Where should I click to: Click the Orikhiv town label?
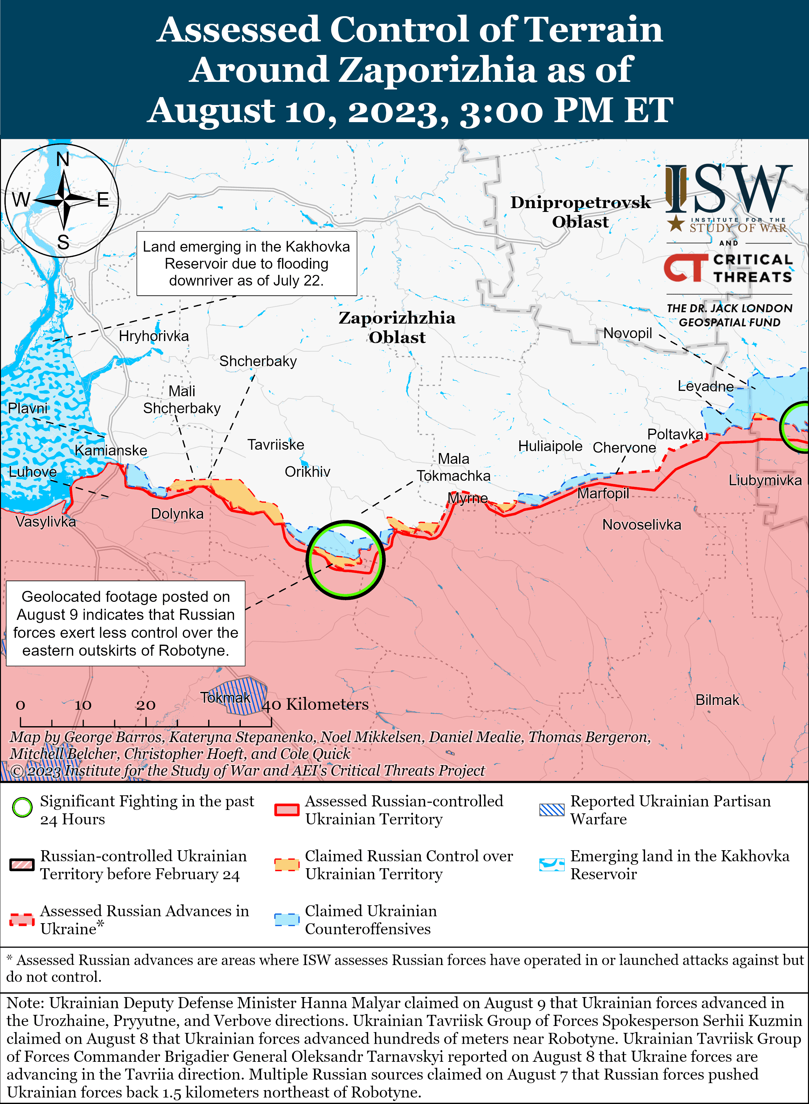[x=307, y=471]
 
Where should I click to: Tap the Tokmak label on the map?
[x=225, y=697]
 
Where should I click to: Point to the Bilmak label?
[x=717, y=700]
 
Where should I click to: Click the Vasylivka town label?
[x=46, y=522]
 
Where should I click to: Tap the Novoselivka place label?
[x=641, y=524]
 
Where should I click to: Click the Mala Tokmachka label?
[x=453, y=467]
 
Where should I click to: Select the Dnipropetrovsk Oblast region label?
[x=580, y=212]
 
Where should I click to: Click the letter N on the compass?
[x=63, y=159]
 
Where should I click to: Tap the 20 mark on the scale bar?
[x=146, y=705]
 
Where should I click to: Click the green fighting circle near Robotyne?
[x=345, y=559]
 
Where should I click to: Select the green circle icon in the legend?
[x=22, y=807]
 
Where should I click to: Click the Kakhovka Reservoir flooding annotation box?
[x=246, y=263]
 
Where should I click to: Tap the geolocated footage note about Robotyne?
[x=125, y=623]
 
